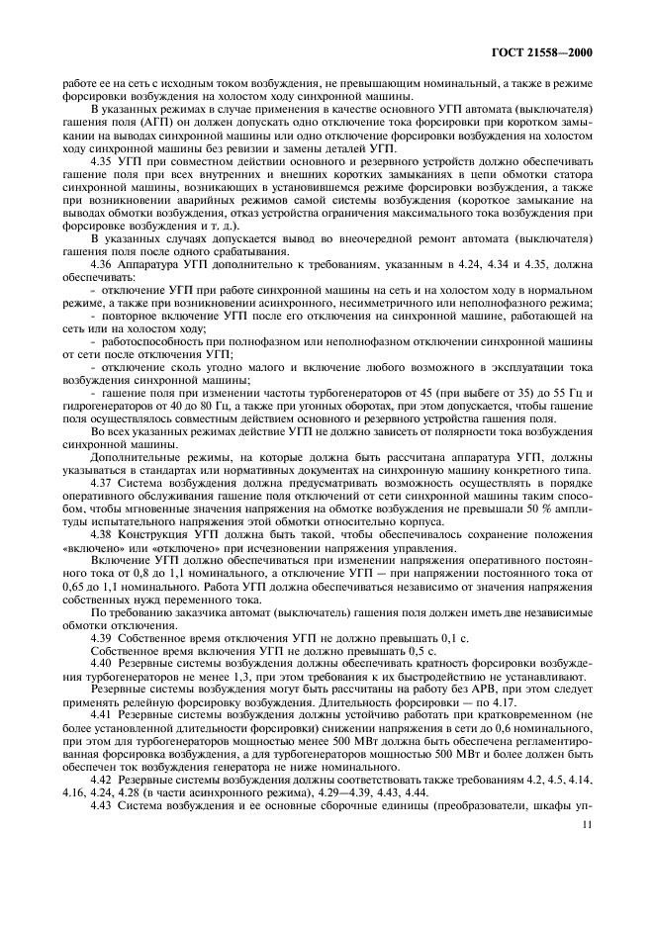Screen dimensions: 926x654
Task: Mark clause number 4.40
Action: point(103,661)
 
